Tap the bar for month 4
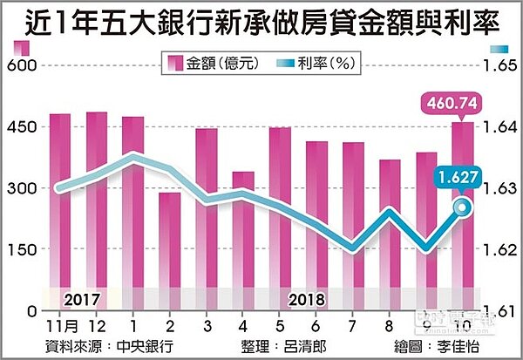pos(244,240)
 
